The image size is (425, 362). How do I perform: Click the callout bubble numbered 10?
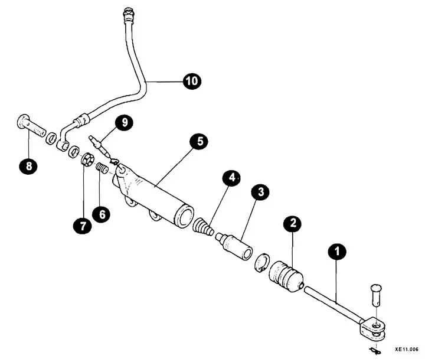pos(192,81)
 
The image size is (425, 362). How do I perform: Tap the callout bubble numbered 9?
pos(125,123)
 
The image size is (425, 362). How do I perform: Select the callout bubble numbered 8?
pos(28,165)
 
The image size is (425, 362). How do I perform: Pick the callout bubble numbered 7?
pos(83,225)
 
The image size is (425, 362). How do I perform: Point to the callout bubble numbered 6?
pos(102,214)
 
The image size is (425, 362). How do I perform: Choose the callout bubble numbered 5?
pos(199,141)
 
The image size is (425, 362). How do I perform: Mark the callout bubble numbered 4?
pos(232,178)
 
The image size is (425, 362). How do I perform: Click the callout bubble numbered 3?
pos(260,192)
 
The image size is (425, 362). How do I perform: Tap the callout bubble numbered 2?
pos(293,223)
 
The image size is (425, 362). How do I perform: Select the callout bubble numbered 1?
pos(337,252)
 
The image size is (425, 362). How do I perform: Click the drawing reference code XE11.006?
pos(406,349)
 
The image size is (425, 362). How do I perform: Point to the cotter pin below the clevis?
pos(375,351)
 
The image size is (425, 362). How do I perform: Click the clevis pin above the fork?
pos(375,295)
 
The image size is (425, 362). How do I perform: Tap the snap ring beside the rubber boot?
pos(262,262)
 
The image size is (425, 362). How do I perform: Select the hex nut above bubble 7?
pos(87,159)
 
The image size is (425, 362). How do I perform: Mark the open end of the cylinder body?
pos(185,217)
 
